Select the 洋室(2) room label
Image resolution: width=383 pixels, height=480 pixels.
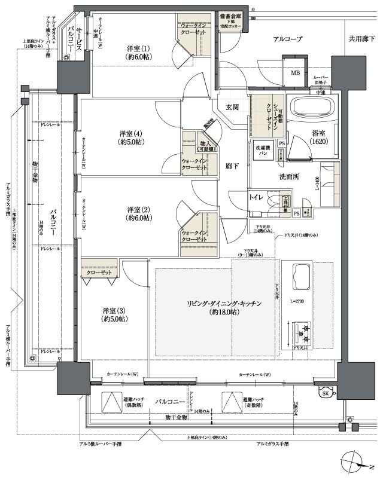click(x=139, y=213)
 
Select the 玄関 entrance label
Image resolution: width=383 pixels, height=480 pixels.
click(x=232, y=107)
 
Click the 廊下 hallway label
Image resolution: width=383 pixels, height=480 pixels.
click(x=232, y=167)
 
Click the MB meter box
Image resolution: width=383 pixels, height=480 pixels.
click(x=295, y=73)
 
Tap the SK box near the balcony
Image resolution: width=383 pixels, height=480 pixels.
click(x=326, y=393)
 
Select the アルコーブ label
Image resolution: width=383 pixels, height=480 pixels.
click(x=288, y=39)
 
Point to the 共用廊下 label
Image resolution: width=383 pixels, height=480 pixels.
click(x=361, y=39)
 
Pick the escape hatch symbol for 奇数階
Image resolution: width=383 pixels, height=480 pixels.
click(x=230, y=400)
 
